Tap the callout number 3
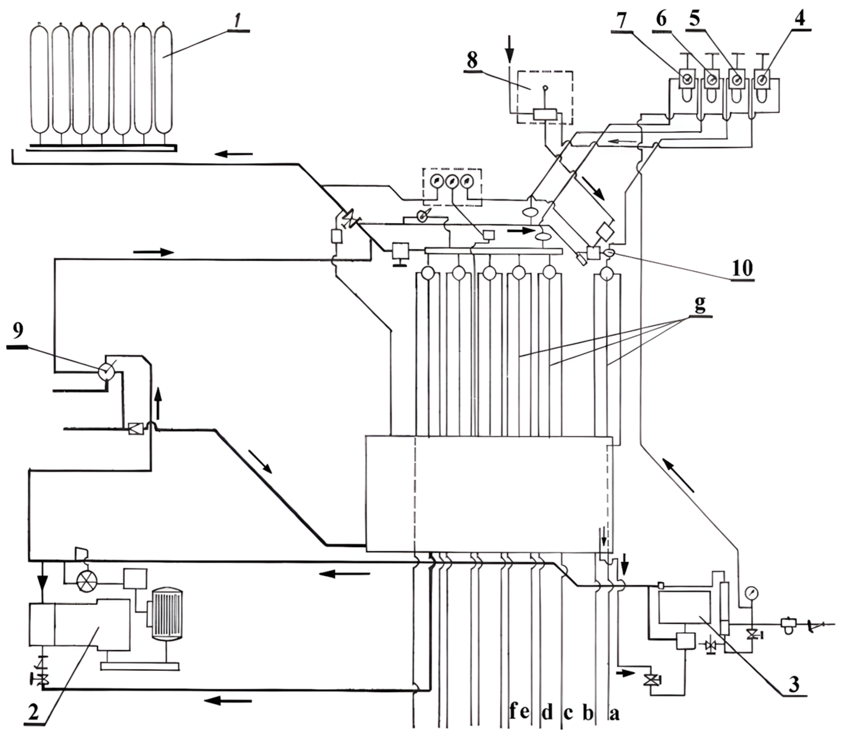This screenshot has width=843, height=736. click(x=795, y=684)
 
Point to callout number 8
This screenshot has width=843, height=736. click(x=472, y=60)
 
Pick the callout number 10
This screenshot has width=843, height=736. click(x=743, y=268)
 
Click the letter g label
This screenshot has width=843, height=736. click(x=699, y=305)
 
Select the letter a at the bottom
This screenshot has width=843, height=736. click(x=614, y=714)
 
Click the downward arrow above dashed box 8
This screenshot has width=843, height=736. click(x=510, y=47)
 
